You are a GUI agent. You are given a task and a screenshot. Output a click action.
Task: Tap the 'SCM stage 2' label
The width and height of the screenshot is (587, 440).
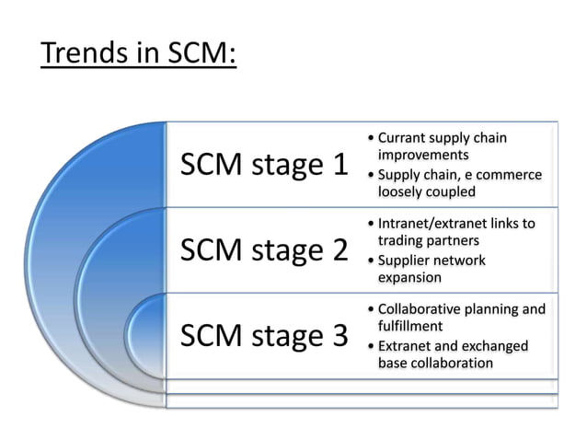pyautogui.click(x=265, y=249)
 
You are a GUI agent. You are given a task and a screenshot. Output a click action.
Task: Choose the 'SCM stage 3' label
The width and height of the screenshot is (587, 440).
pyautogui.click(x=265, y=335)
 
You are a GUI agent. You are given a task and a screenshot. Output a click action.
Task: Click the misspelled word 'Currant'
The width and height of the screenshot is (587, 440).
pyautogui.click(x=407, y=138)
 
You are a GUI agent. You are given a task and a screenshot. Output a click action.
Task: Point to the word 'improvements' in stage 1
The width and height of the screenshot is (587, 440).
pyautogui.click(x=423, y=155)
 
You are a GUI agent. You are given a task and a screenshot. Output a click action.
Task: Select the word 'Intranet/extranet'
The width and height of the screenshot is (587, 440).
pyautogui.click(x=437, y=224)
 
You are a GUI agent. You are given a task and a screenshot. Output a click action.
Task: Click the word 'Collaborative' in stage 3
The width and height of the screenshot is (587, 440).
pyautogui.click(x=426, y=309)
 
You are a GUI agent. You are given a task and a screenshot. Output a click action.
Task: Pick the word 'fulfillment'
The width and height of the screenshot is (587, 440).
pyautogui.click(x=410, y=326)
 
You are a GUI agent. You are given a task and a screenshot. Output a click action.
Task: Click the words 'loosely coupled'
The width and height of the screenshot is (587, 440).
pyautogui.click(x=426, y=192)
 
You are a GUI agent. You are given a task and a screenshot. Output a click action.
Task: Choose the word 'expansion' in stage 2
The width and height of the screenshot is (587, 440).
pyautogui.click(x=409, y=277)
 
